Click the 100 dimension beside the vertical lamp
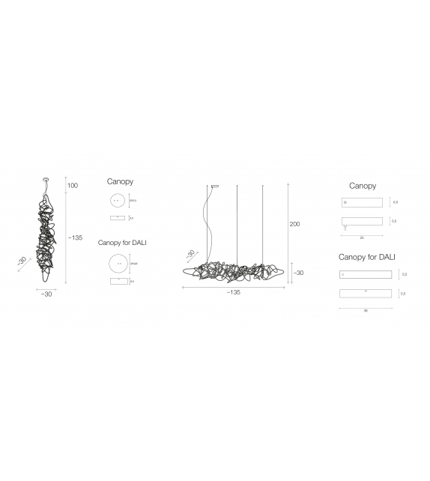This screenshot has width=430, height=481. pos(73,186)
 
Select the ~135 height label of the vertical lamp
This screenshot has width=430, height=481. pos(75,238)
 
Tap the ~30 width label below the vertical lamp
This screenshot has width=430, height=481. pos(46,294)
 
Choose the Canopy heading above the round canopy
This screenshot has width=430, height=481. pos(120,182)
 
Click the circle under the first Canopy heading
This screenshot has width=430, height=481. pos(116,200)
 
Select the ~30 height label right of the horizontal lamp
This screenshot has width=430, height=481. pos(297,273)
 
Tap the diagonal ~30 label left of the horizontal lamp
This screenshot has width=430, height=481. pos(190,254)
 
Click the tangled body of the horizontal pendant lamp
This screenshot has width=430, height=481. pos(232,273)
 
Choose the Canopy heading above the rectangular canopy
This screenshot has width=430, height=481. pos(363,186)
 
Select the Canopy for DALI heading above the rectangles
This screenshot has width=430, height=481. pos(366,257)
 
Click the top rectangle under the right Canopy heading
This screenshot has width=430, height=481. pos(362,202)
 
